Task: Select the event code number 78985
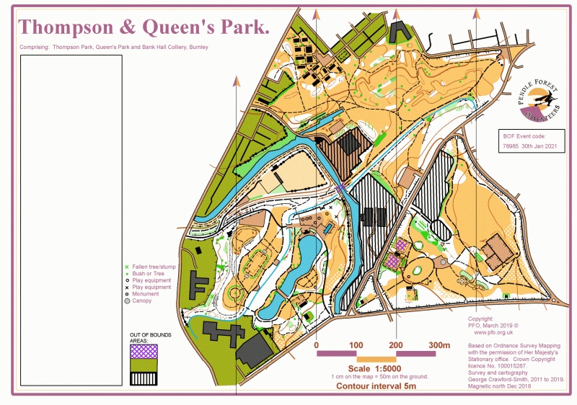pyautogui.click(x=512, y=146)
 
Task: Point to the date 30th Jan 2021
pyautogui.click(x=541, y=146)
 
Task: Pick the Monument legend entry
pyautogui.click(x=145, y=294)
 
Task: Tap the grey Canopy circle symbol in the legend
pyautogui.click(x=127, y=301)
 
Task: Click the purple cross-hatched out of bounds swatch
pyautogui.click(x=144, y=351)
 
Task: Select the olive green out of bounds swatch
pyautogui.click(x=144, y=365)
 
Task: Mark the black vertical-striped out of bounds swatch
pyautogui.click(x=144, y=378)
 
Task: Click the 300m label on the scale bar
pyautogui.click(x=439, y=346)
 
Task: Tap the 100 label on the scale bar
pyautogui.click(x=356, y=346)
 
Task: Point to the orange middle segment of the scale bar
pyautogui.click(x=376, y=359)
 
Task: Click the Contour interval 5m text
pyautogui.click(x=376, y=386)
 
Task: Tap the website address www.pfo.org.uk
pyautogui.click(x=493, y=333)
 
